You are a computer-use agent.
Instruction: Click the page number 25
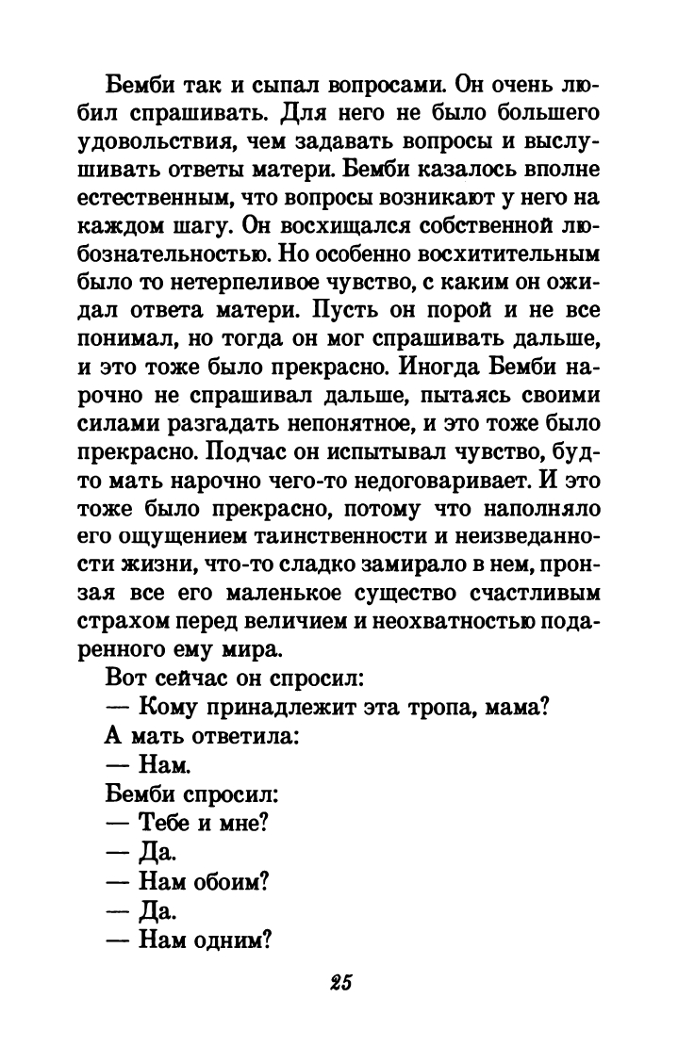(x=340, y=982)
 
